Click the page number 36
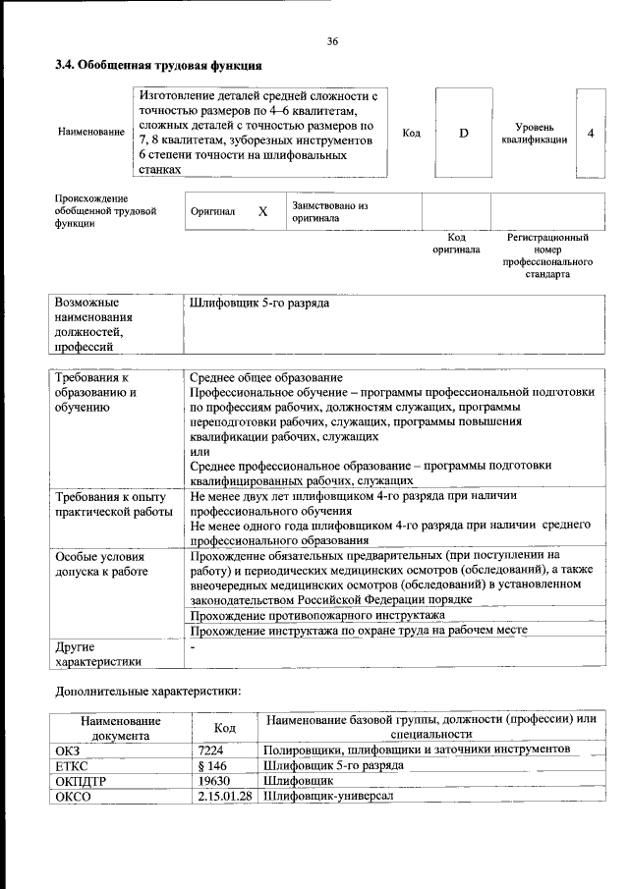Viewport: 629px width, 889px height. coord(332,41)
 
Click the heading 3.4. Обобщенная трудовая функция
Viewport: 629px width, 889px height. coord(157,67)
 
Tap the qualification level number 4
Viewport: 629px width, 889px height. coord(590,133)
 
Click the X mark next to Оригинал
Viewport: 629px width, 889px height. coord(262,211)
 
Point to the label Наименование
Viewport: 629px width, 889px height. coord(91,133)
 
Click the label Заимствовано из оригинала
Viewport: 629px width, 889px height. coord(328,211)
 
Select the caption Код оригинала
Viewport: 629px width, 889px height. coord(456,244)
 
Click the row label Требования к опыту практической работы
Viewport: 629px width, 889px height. coord(107,505)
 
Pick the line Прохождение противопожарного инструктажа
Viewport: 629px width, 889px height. coord(316,614)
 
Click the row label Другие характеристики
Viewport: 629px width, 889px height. coord(98,654)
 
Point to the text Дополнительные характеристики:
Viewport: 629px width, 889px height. coord(147,691)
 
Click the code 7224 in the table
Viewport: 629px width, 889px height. coord(211,750)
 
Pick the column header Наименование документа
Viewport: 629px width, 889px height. coord(120,727)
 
